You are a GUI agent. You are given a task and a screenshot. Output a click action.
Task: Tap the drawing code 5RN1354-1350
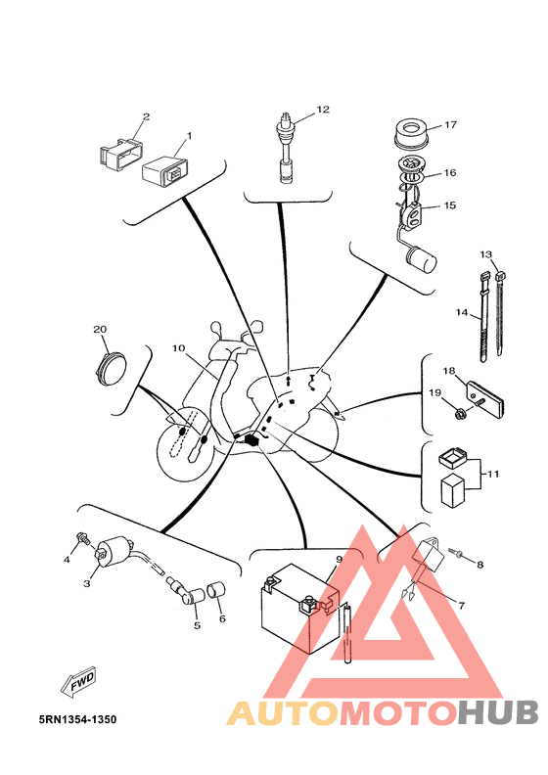tap(78, 719)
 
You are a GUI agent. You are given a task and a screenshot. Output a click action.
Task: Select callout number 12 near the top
tap(323, 110)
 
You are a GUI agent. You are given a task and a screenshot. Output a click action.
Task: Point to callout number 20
tap(100, 329)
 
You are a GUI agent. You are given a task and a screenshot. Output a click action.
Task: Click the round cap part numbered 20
tap(111, 370)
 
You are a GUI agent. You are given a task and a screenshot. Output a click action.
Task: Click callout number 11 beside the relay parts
tap(492, 474)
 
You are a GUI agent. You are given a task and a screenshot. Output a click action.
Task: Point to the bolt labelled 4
tap(83, 539)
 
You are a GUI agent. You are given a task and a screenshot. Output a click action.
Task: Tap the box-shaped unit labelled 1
tap(163, 169)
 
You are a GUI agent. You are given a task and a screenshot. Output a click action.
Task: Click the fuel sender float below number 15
tap(421, 260)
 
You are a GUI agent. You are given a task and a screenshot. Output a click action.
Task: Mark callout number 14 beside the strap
tap(462, 312)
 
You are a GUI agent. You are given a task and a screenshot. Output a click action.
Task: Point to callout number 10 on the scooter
tap(178, 348)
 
